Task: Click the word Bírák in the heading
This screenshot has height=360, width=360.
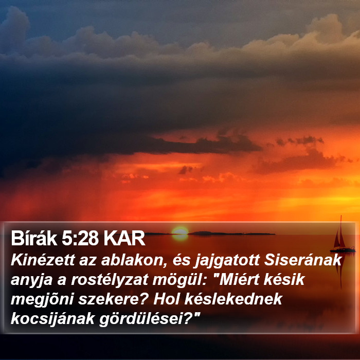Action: click(x=34, y=238)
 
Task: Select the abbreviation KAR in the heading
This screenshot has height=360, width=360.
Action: click(x=124, y=238)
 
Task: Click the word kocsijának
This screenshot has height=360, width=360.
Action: click(x=52, y=319)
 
